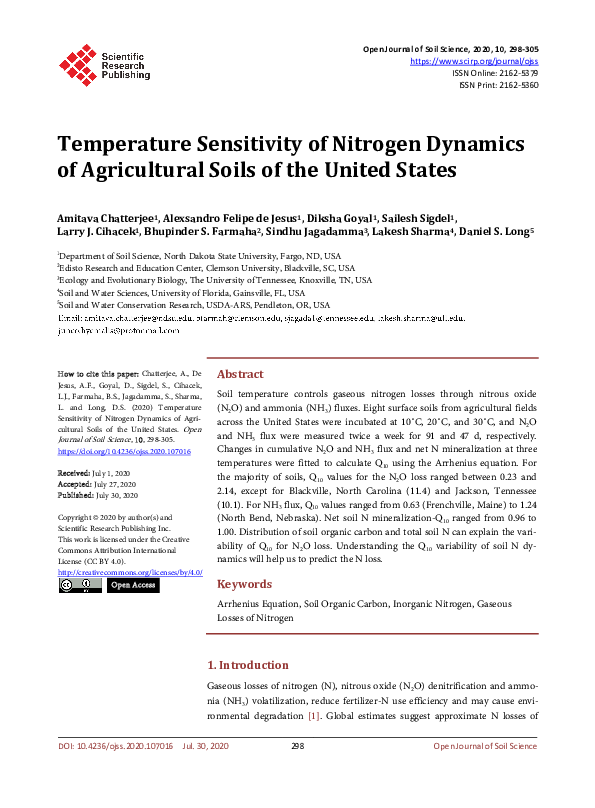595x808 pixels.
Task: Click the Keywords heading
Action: pos(244,584)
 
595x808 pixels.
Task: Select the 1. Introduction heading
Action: pos(247,665)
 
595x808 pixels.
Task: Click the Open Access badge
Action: pos(133,585)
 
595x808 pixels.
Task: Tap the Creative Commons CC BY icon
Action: pos(80,585)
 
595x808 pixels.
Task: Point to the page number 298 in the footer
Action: pos(297,746)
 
